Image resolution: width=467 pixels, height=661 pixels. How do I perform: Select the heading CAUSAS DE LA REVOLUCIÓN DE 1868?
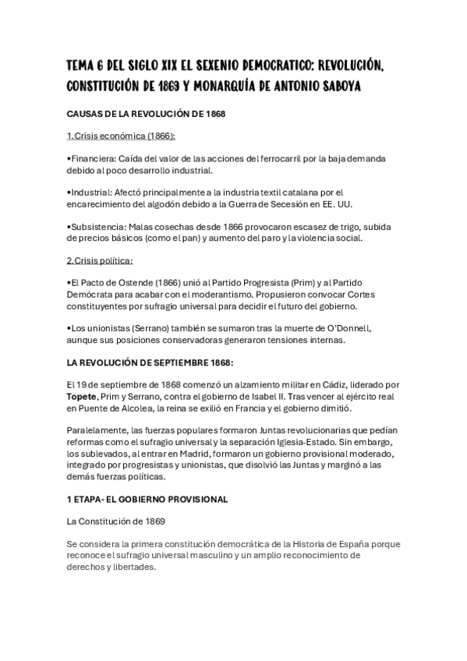(147, 114)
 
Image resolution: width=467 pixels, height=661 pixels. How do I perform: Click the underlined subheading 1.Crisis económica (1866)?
(122, 136)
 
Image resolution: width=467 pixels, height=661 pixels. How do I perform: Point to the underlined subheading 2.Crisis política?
(101, 260)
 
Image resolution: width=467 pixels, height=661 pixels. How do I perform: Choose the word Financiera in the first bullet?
(92, 158)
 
